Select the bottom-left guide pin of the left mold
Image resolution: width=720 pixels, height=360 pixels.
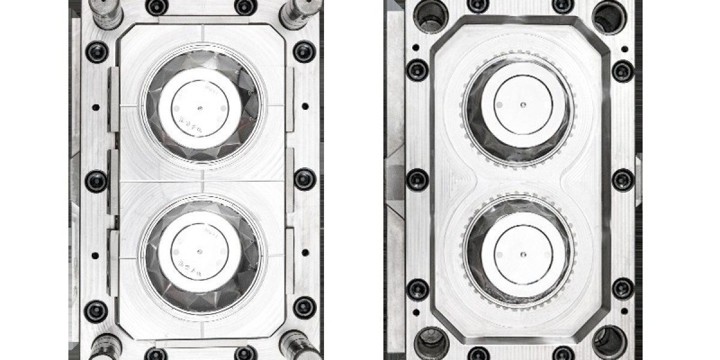click(x=106, y=347)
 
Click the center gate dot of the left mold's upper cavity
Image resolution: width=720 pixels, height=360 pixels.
click(x=200, y=109)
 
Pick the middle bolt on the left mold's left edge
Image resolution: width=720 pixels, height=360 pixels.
click(x=97, y=180)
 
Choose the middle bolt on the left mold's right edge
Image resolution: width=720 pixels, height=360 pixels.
click(x=305, y=179)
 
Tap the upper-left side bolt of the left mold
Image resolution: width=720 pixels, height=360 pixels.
click(x=97, y=52)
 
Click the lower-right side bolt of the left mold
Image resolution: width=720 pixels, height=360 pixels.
click(x=305, y=307)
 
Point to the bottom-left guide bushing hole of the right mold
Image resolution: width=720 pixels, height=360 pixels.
click(x=430, y=343)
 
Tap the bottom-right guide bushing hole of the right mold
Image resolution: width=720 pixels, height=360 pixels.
click(x=608, y=343)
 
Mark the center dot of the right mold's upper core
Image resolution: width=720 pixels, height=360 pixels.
click(x=523, y=104)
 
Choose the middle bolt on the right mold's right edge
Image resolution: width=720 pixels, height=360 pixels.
click(x=623, y=179)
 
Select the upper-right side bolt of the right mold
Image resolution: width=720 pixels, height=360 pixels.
click(x=623, y=70)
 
